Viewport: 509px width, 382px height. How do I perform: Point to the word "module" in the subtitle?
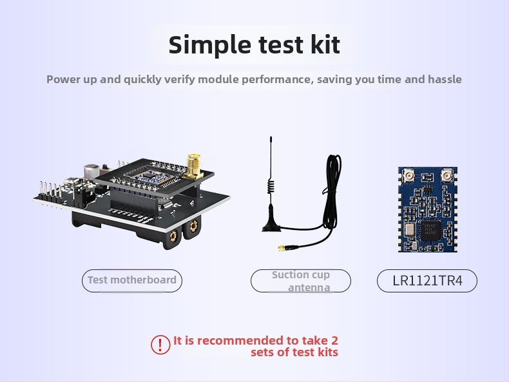click(x=218, y=79)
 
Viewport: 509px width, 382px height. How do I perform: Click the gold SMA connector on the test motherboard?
click(x=192, y=166)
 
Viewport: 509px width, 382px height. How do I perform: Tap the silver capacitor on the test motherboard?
click(x=93, y=170)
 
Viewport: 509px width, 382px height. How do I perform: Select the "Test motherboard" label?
click(x=132, y=280)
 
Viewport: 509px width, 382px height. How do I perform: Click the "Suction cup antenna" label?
click(x=300, y=281)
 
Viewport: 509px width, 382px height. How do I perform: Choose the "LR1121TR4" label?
click(x=427, y=281)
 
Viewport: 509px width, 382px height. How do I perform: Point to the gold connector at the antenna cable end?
click(x=282, y=247)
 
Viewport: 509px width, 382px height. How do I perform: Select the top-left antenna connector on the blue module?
click(x=408, y=175)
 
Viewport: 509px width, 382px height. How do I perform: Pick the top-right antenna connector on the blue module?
click(x=446, y=175)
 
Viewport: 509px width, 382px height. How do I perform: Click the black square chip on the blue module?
click(x=429, y=228)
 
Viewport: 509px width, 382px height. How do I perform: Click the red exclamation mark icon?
click(x=160, y=345)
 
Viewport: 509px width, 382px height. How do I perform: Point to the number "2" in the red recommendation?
click(x=334, y=340)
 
